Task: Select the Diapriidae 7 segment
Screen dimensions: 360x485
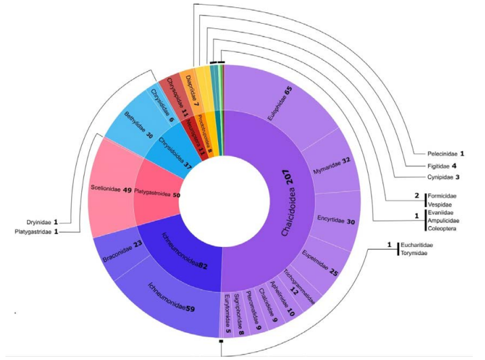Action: [189, 87]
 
